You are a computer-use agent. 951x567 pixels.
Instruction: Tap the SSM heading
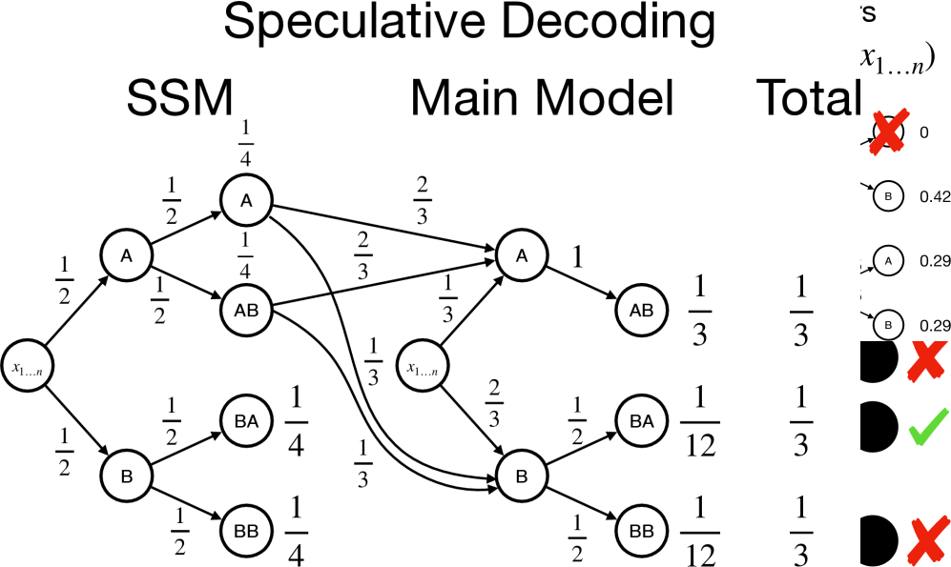click(x=180, y=99)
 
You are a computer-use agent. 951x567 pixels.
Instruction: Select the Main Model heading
click(x=542, y=99)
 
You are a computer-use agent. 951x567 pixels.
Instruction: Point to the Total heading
click(x=809, y=99)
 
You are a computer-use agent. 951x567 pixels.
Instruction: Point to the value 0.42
click(x=935, y=196)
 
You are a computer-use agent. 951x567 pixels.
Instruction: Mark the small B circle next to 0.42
click(x=888, y=196)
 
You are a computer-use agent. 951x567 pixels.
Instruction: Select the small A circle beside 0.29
click(x=888, y=259)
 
